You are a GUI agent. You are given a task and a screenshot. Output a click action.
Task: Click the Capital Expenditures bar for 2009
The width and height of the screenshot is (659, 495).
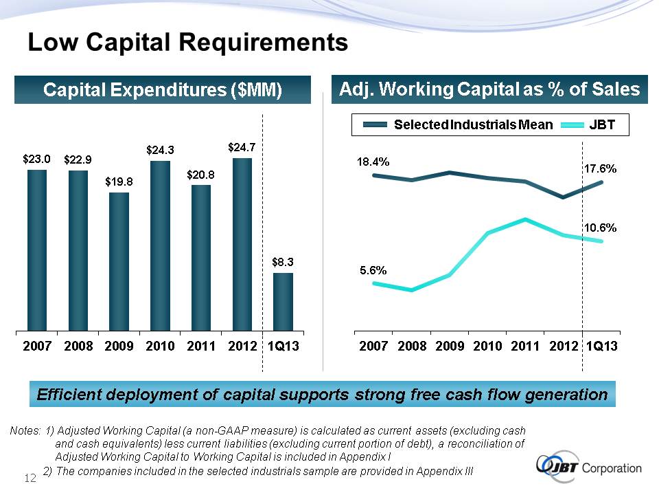pyautogui.click(x=119, y=262)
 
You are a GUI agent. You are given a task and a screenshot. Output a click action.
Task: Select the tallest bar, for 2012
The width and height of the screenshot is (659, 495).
pyautogui.click(x=242, y=245)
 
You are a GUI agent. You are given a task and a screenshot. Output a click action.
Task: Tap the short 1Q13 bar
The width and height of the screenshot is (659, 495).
pyautogui.click(x=283, y=302)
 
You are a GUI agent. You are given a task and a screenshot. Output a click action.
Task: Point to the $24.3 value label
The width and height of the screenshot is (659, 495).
pyautogui.click(x=160, y=148)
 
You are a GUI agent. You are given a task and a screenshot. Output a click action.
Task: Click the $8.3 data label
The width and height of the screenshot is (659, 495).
pyautogui.click(x=283, y=261)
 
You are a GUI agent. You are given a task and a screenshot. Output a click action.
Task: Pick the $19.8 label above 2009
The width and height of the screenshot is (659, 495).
pyautogui.click(x=119, y=181)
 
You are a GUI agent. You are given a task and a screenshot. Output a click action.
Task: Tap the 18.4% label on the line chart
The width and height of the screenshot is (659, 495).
pyautogui.click(x=373, y=162)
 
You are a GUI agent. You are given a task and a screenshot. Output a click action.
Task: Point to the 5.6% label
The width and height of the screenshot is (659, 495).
pyautogui.click(x=374, y=270)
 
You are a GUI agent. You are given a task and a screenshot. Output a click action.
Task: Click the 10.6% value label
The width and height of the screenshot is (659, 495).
pyautogui.click(x=600, y=227)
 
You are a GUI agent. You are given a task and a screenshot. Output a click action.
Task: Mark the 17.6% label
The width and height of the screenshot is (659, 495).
pyautogui.click(x=600, y=168)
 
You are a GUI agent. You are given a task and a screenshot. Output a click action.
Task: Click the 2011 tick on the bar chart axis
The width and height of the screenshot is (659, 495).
pyautogui.click(x=201, y=346)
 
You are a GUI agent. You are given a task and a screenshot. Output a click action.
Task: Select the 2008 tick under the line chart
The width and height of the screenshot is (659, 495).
pyautogui.click(x=412, y=346)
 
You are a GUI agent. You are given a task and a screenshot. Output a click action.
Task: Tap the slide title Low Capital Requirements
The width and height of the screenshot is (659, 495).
pyautogui.click(x=187, y=43)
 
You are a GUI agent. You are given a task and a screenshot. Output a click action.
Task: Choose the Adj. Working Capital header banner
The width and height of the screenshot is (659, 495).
pyautogui.click(x=489, y=89)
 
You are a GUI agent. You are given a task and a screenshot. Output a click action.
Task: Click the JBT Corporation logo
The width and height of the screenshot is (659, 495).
pyautogui.click(x=588, y=468)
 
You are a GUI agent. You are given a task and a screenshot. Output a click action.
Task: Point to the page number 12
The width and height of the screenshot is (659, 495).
pyautogui.click(x=30, y=478)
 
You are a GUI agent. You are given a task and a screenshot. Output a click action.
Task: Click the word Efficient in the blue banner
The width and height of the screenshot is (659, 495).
pyautogui.click(x=68, y=395)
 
